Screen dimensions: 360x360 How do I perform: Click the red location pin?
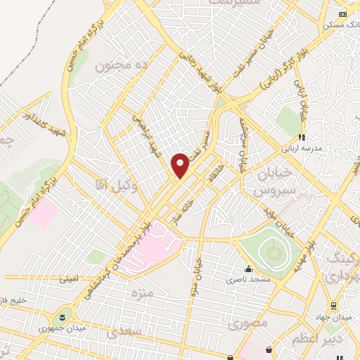[x=181, y=165]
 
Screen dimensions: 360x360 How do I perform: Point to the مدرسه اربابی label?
[x=302, y=149]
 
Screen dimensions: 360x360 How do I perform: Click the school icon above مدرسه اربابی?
[x=302, y=138]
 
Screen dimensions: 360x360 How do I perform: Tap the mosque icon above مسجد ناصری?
[x=247, y=269]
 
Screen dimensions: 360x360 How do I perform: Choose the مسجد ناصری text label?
[x=243, y=280]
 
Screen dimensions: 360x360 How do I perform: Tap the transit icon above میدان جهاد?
[x=334, y=306]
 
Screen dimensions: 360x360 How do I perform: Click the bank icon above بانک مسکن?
[x=342, y=14]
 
